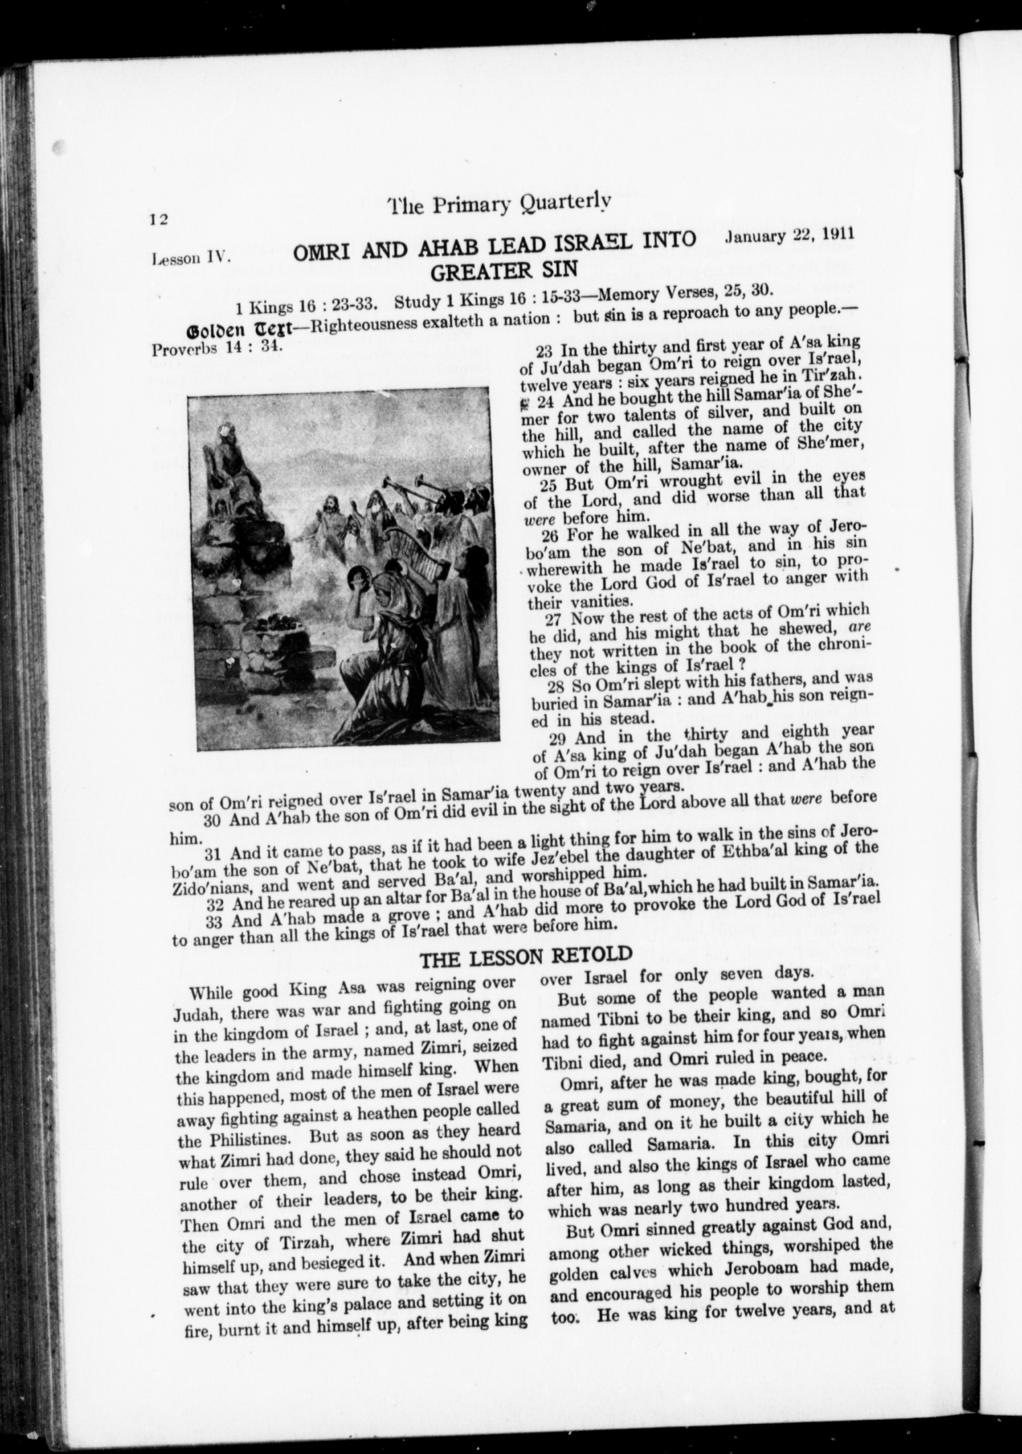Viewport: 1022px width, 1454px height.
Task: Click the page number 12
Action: pos(158,219)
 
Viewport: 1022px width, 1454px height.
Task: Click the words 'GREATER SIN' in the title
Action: pos(504,271)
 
